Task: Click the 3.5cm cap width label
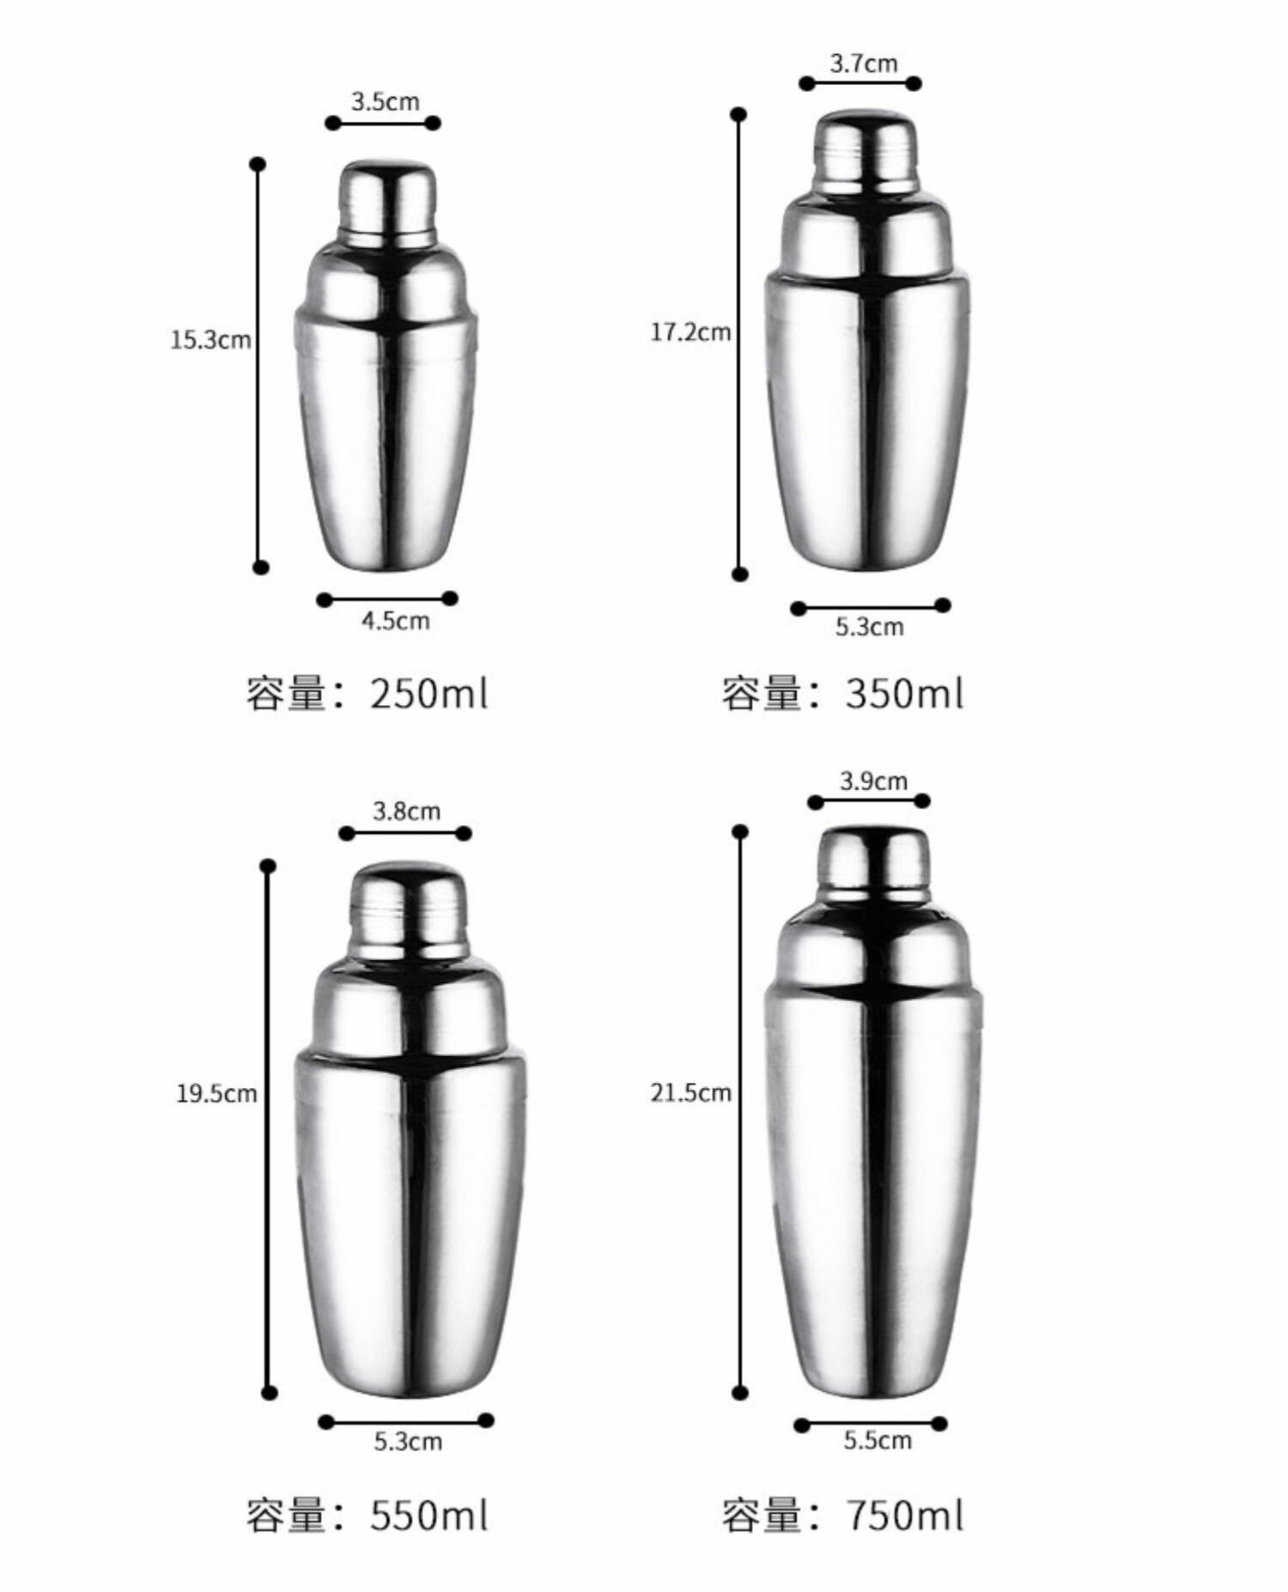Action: [x=385, y=101]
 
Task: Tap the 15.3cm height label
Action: [x=210, y=340]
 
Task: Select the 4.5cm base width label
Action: [x=395, y=621]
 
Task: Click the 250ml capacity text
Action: [x=367, y=694]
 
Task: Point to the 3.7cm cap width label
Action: [x=863, y=63]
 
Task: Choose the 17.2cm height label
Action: [x=690, y=332]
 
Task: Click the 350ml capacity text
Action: [x=842, y=694]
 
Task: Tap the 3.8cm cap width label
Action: [x=406, y=811]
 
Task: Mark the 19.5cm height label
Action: [x=216, y=1094]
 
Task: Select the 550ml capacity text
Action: [x=367, y=1516]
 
